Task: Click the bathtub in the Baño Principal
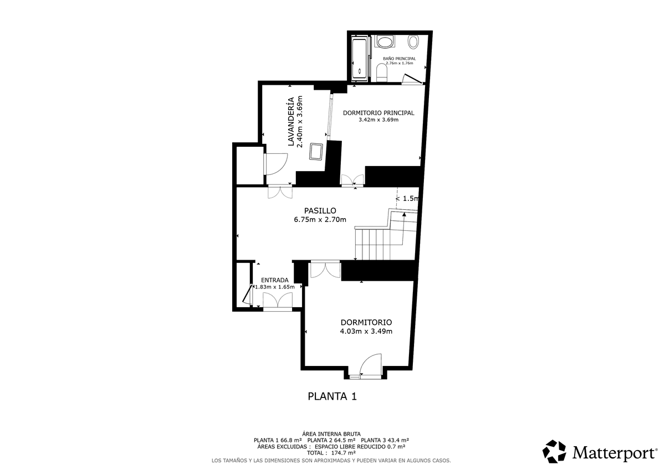click(360, 59)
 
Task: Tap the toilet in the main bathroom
click(382, 73)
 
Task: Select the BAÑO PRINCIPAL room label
click(400, 59)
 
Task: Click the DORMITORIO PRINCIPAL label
click(378, 113)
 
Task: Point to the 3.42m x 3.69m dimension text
click(378, 120)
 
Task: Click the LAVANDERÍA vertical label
click(291, 122)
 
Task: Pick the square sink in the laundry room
click(316, 152)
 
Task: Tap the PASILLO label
click(320, 211)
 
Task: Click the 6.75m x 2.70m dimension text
click(320, 220)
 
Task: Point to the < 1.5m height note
click(407, 199)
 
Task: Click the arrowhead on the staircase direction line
click(404, 214)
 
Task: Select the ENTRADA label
click(275, 280)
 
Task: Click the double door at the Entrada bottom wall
click(278, 300)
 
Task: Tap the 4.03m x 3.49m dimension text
click(366, 331)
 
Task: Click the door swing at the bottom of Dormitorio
click(371, 365)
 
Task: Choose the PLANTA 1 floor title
click(332, 396)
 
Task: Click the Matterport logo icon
click(554, 452)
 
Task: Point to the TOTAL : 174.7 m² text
click(331, 453)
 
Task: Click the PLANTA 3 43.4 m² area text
click(385, 440)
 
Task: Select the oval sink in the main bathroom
click(385, 42)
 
